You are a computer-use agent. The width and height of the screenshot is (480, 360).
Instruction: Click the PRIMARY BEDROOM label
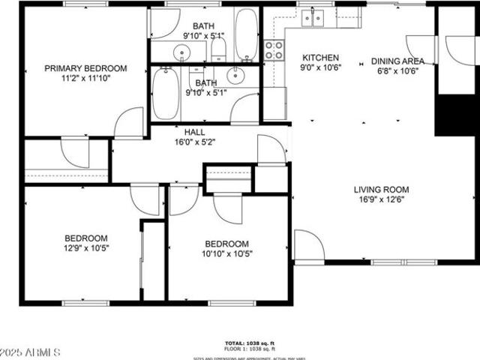tap(85, 68)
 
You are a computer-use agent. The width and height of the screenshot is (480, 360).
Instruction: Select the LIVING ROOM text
tap(381, 190)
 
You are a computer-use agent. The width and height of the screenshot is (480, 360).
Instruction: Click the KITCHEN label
tap(320, 58)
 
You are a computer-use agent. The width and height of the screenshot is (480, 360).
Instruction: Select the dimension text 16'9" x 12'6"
tap(381, 200)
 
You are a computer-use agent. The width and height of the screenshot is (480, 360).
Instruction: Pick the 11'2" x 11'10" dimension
tap(85, 78)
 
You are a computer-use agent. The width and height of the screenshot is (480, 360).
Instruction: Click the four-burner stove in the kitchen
tap(275, 49)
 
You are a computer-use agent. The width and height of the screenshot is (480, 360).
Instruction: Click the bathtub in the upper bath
tap(246, 34)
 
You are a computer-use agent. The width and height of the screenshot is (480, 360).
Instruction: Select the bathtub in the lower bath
tap(165, 94)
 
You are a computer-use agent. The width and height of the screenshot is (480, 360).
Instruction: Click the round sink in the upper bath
tap(182, 52)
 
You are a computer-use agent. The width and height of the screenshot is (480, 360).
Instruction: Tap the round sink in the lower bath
tap(236, 75)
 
